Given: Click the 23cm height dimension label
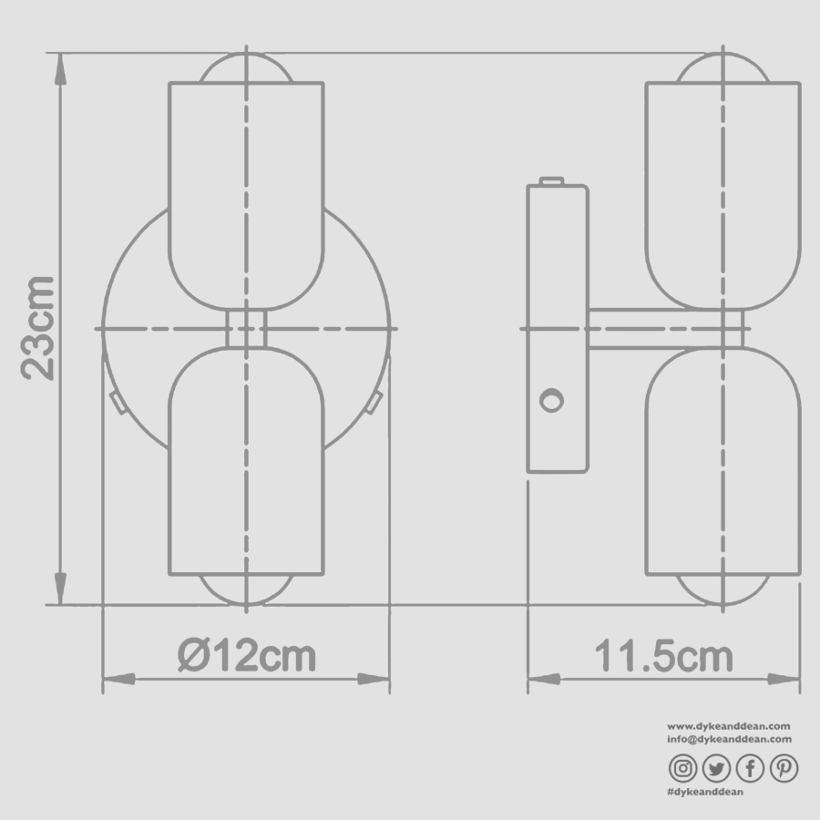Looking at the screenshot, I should (x=38, y=325).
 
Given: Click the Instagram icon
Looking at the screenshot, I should (x=683, y=769).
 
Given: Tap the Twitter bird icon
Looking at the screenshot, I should (x=716, y=769).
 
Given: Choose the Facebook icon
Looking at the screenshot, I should (x=750, y=769).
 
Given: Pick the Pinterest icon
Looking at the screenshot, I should (x=783, y=769).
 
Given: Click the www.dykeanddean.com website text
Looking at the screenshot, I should (x=729, y=726).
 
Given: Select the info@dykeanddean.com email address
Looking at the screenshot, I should (x=729, y=739).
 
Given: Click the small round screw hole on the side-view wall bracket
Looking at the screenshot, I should (x=550, y=400).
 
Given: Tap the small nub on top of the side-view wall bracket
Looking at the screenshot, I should (x=552, y=180).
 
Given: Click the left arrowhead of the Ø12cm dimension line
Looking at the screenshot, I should (x=117, y=679).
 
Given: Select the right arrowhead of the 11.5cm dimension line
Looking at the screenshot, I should (x=785, y=679).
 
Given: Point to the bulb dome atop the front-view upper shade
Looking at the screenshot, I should (x=246, y=69).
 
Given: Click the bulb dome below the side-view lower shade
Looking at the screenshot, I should (x=723, y=589).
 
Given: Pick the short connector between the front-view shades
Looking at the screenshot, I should (x=246, y=327).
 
